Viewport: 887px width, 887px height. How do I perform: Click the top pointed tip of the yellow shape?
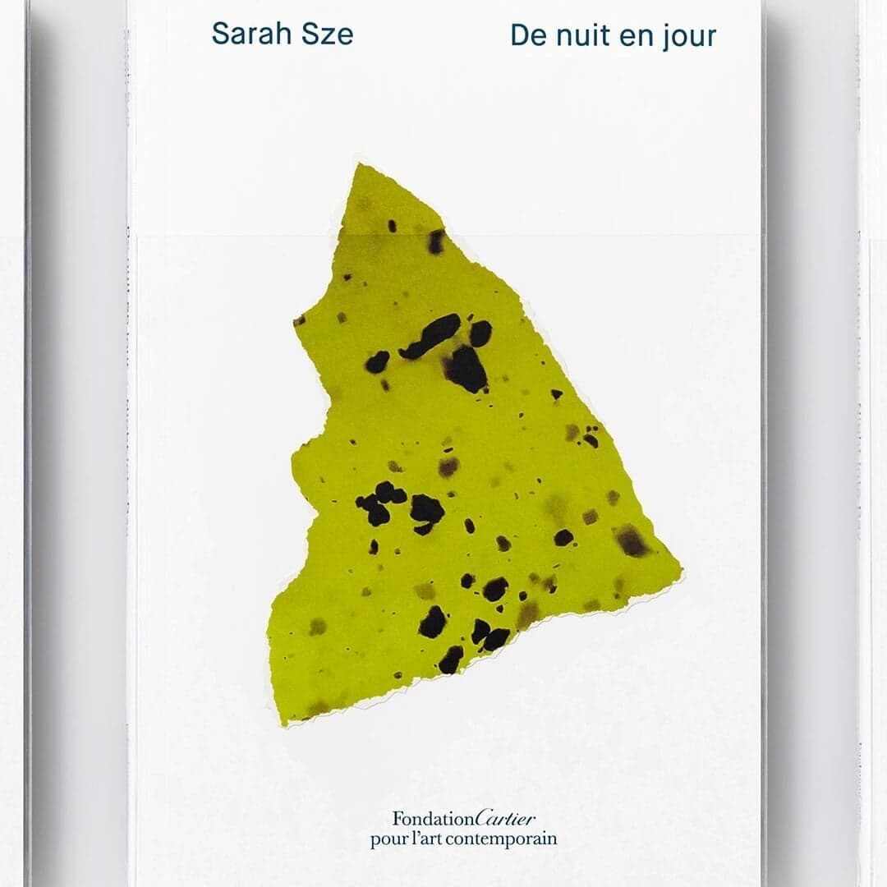click(x=358, y=166)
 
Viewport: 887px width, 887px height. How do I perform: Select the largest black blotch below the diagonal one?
click(x=466, y=368)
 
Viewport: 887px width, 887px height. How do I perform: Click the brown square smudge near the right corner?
click(x=630, y=539)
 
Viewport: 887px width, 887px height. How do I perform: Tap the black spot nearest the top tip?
click(x=392, y=225)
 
